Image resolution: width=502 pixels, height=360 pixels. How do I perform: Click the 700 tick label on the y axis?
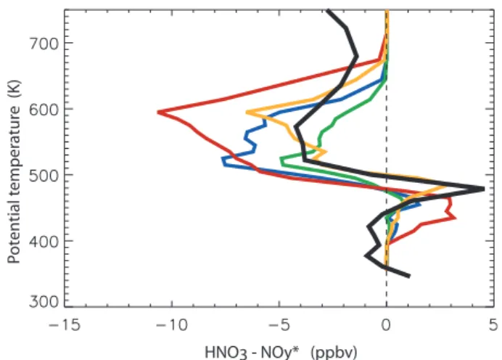pyautogui.click(x=44, y=44)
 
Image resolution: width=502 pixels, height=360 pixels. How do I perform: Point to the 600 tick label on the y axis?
pyautogui.click(x=44, y=110)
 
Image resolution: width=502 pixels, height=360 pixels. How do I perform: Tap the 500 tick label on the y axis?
pyautogui.click(x=44, y=176)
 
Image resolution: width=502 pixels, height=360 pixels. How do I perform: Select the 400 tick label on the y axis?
pyautogui.click(x=44, y=242)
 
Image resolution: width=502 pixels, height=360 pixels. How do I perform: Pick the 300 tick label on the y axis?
pyautogui.click(x=44, y=301)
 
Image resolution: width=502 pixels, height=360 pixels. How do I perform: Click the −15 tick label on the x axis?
pyautogui.click(x=65, y=325)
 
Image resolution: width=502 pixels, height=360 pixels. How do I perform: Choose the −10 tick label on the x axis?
pyautogui.click(x=172, y=325)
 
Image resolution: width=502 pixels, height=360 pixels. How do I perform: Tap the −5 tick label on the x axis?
pyautogui.click(x=279, y=325)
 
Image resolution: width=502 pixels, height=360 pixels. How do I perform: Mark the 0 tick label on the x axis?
pyautogui.click(x=386, y=325)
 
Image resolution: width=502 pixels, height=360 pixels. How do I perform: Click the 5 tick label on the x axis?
pyautogui.click(x=493, y=325)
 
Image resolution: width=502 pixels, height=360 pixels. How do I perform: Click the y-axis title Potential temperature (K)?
pyautogui.click(x=14, y=171)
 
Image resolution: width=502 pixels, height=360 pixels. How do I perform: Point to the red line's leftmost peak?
pyautogui.click(x=159, y=112)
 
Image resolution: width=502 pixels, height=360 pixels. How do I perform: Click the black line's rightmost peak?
pyautogui.click(x=482, y=189)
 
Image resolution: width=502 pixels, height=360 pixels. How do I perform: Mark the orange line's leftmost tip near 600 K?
pyautogui.click(x=247, y=112)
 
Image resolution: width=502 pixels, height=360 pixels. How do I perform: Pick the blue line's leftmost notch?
pyautogui.click(x=223, y=158)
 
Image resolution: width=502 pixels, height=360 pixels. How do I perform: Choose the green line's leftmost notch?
pyautogui.click(x=281, y=159)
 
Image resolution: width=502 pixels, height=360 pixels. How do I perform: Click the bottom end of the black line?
pyautogui.click(x=409, y=276)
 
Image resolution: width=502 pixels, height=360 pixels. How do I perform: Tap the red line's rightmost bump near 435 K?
pyautogui.click(x=455, y=218)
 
